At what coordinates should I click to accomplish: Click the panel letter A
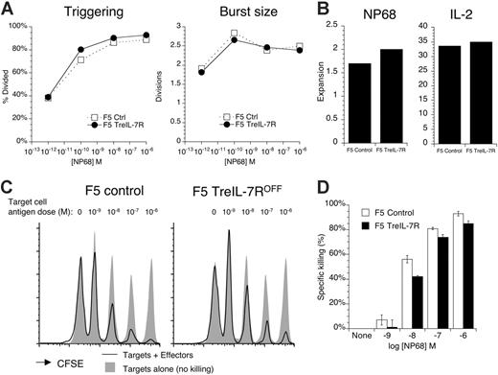pos(8,9)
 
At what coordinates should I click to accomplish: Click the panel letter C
pos(9,190)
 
